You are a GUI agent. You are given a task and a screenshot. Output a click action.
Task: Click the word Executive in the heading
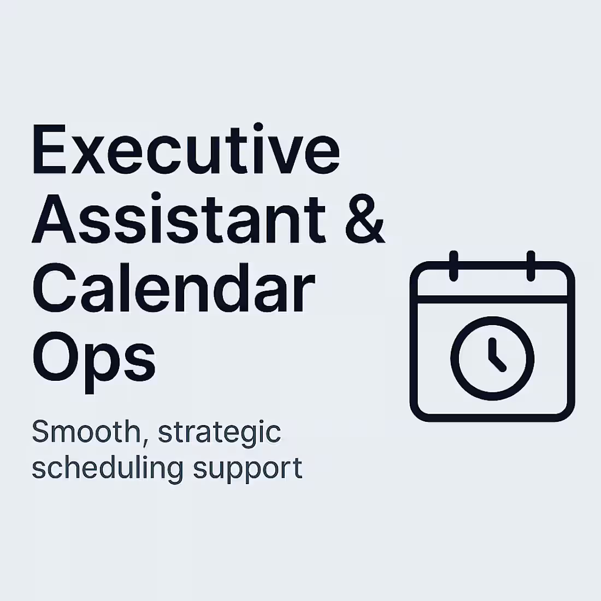tap(186, 149)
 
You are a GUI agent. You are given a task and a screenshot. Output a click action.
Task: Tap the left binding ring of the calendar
tap(453, 267)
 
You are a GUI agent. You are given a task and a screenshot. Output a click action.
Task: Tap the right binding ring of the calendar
tap(531, 267)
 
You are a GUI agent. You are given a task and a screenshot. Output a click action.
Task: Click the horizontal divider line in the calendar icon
tap(492, 299)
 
